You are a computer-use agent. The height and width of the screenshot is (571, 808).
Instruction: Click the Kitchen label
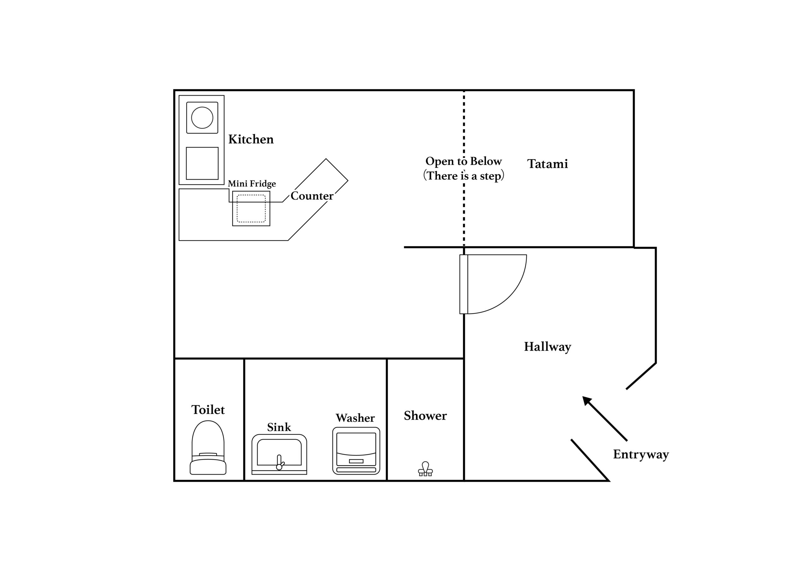click(251, 139)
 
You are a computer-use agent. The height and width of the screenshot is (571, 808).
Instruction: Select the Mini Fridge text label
click(252, 184)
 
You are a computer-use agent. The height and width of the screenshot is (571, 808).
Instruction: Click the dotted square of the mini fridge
click(251, 208)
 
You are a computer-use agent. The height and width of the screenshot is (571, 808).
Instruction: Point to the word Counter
click(312, 196)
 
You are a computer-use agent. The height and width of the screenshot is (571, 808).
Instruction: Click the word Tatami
click(547, 164)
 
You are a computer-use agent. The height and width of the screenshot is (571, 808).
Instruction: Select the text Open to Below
click(463, 161)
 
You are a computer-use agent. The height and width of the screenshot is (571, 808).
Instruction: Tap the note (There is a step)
click(463, 175)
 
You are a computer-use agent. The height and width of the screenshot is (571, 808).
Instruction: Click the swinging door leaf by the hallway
click(463, 284)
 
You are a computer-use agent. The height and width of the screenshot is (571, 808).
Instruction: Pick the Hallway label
click(547, 347)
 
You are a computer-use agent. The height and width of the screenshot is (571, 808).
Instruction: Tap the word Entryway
click(640, 454)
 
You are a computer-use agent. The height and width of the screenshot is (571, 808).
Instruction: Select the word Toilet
click(208, 410)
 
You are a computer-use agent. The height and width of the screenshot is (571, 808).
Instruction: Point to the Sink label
click(279, 427)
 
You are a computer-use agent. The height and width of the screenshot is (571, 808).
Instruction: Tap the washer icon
click(356, 451)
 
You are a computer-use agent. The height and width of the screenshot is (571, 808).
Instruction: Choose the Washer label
click(355, 418)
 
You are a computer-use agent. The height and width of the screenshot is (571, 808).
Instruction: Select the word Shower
click(425, 416)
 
